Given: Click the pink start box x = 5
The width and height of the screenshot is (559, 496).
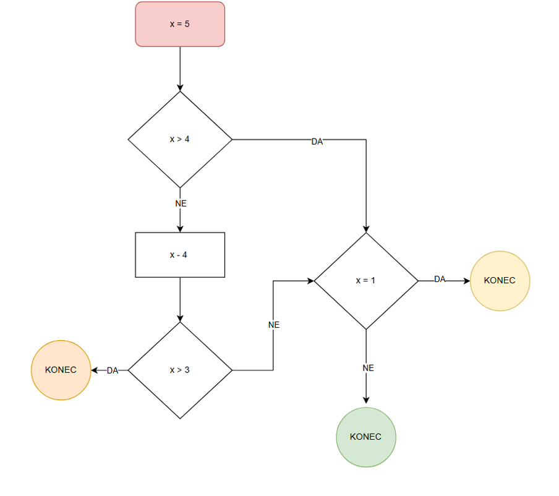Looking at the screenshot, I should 180,24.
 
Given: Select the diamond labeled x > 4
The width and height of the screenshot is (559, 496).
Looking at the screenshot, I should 180,139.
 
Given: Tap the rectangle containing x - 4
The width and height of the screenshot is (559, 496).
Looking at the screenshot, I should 180,255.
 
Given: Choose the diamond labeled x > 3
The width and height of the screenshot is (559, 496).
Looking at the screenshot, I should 180,370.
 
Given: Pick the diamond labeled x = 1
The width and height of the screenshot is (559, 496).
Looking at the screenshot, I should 366,280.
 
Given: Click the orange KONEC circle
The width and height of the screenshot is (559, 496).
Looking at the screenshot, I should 61,370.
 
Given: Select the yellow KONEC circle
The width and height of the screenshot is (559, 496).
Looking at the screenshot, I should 500,280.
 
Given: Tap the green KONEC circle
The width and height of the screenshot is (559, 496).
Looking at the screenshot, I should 366,437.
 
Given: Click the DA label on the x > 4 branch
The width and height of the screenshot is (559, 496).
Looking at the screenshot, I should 317,142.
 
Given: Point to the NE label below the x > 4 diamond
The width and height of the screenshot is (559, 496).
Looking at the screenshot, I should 181,203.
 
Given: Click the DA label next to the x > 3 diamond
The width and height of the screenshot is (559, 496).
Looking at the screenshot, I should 113,370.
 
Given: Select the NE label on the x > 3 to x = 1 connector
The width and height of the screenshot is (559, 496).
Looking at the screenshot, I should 274,325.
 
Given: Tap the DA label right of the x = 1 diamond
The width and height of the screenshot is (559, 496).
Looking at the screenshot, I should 440,279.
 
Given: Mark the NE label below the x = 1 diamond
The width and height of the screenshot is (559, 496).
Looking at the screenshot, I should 368,368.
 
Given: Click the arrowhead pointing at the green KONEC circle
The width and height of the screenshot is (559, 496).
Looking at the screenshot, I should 366,400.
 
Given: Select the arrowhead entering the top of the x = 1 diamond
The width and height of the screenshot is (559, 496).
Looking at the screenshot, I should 366,229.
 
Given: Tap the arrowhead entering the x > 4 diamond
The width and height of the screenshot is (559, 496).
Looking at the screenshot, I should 180,88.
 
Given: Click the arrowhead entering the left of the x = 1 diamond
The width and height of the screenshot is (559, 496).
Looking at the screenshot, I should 310,280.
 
